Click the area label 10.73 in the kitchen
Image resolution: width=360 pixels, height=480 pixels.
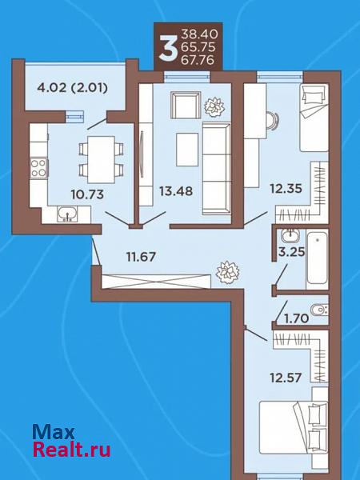pos(87,194)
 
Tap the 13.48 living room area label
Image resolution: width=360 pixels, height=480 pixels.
pos(176,191)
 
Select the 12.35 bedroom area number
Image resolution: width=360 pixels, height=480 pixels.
pos(286,188)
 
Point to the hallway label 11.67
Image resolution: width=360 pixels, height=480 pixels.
pos(142,257)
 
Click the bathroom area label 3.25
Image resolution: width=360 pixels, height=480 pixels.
pos(291,252)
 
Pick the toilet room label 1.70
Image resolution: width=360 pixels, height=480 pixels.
pos(296,319)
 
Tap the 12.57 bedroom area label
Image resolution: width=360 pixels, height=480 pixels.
pos(286,378)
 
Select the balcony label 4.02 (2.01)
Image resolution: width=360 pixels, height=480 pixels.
pos(72,88)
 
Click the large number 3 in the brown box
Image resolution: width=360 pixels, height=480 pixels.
pos(168,47)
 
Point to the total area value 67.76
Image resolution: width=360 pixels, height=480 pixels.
pos(198,60)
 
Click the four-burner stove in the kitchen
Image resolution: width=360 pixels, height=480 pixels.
pos(39,168)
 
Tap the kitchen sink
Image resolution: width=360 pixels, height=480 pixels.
pos(67,214)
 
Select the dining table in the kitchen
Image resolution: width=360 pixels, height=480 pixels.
pos(101,159)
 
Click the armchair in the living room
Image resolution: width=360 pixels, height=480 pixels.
pos(186,105)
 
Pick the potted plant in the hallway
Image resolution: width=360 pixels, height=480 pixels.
pos(227,272)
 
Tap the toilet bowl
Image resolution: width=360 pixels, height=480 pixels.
pos(319,310)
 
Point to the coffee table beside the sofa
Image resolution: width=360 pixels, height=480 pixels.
pos(187,150)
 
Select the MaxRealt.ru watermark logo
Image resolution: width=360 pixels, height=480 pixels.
pos(71,441)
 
